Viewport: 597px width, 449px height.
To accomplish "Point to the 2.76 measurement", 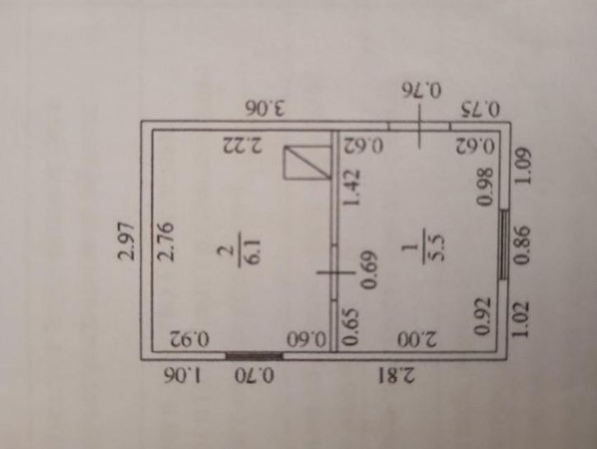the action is point(166,241).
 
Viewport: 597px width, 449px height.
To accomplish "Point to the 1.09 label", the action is point(521,166).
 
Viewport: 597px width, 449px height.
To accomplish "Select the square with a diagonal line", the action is point(307,162).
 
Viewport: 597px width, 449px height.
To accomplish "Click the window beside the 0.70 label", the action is point(254,356).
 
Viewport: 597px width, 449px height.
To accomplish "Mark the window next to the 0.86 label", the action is point(504,245).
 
